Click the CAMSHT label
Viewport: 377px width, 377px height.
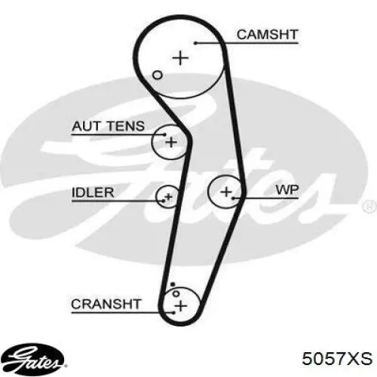click(x=268, y=35)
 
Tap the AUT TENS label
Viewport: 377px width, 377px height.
click(x=108, y=126)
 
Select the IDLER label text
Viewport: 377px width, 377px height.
click(x=93, y=192)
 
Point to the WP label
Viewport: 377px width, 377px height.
click(x=287, y=190)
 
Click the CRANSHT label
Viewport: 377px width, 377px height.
click(x=106, y=304)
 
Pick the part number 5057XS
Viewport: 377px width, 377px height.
click(x=337, y=358)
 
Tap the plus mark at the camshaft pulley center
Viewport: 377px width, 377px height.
click(x=180, y=58)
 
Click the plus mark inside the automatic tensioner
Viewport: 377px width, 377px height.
click(x=171, y=143)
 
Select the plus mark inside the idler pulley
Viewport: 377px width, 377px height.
click(x=168, y=197)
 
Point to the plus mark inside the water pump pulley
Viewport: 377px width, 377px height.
click(x=226, y=192)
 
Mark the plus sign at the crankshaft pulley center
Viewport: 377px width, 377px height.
click(x=181, y=306)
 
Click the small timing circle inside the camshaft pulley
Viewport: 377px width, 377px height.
click(x=158, y=75)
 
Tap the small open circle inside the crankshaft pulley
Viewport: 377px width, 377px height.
click(x=176, y=293)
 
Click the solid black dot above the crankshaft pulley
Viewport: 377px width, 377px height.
click(x=173, y=284)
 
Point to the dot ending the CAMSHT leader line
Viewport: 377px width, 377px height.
click(x=195, y=43)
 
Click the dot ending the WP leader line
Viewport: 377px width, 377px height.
click(x=234, y=198)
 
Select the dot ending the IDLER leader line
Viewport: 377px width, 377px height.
click(x=164, y=201)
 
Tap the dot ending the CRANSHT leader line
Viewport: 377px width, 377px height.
click(x=173, y=313)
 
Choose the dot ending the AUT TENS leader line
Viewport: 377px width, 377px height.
click(x=165, y=134)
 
